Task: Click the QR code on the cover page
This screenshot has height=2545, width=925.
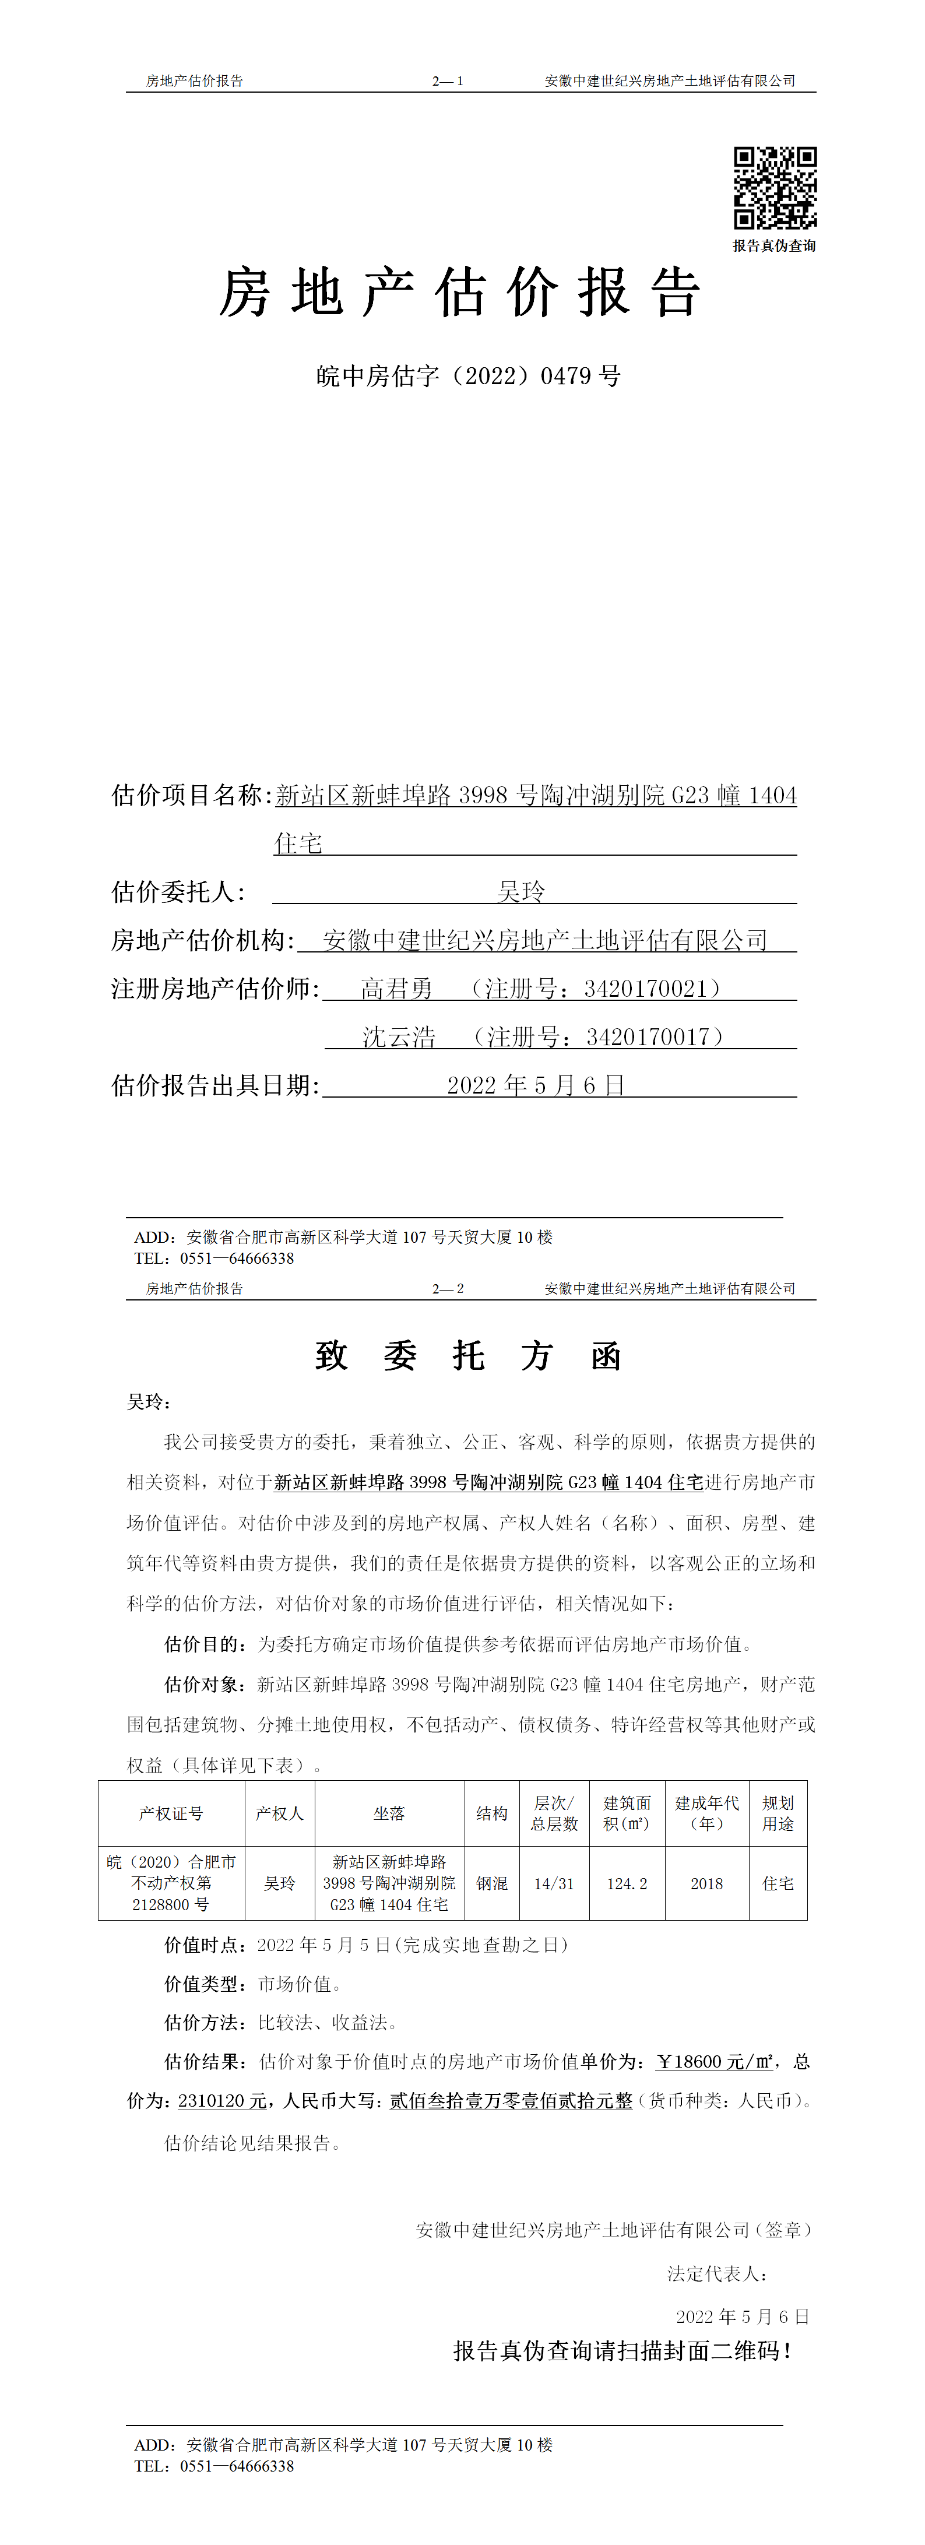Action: (775, 188)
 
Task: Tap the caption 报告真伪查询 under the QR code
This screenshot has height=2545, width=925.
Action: (774, 246)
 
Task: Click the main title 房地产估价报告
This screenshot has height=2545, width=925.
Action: (460, 293)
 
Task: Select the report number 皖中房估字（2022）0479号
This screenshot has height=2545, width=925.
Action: (469, 377)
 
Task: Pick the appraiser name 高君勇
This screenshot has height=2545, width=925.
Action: (396, 989)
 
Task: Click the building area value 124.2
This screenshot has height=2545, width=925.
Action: (627, 1884)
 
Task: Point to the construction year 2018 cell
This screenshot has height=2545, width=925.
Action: (706, 1884)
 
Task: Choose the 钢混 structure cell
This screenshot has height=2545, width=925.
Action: (491, 1884)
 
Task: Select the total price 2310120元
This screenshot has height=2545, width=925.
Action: (222, 2101)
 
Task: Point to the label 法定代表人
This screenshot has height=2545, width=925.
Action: (716, 2273)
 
